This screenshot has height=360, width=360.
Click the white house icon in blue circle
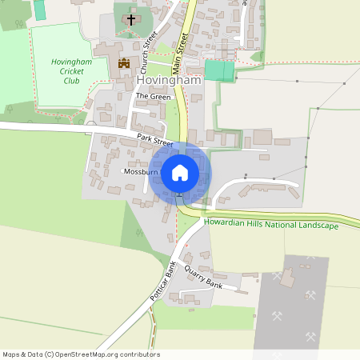point(179,172)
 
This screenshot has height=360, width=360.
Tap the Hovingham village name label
point(169,81)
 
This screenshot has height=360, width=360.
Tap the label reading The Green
point(154,96)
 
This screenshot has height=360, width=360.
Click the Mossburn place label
point(143,171)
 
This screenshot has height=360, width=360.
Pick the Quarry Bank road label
point(202,276)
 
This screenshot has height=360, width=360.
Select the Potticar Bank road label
point(162,280)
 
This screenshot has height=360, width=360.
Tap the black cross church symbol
point(131,17)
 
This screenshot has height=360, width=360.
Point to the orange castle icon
point(124,62)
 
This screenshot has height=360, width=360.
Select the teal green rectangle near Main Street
point(219,70)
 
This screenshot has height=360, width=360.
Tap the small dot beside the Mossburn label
point(122,171)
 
